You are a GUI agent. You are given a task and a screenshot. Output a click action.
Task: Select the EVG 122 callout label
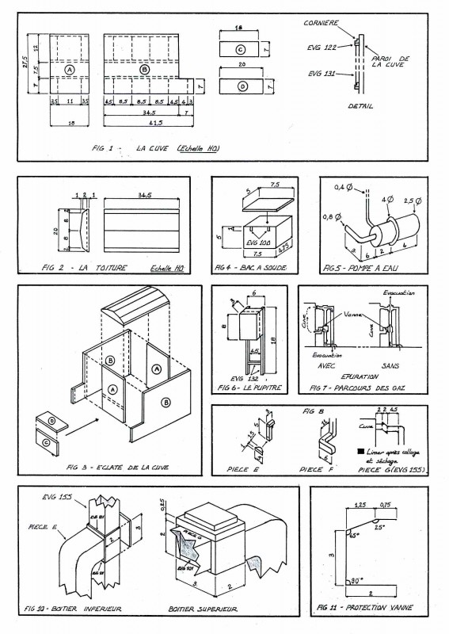coord(323,48)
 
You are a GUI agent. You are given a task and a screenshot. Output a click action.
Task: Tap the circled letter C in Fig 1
coord(239,49)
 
